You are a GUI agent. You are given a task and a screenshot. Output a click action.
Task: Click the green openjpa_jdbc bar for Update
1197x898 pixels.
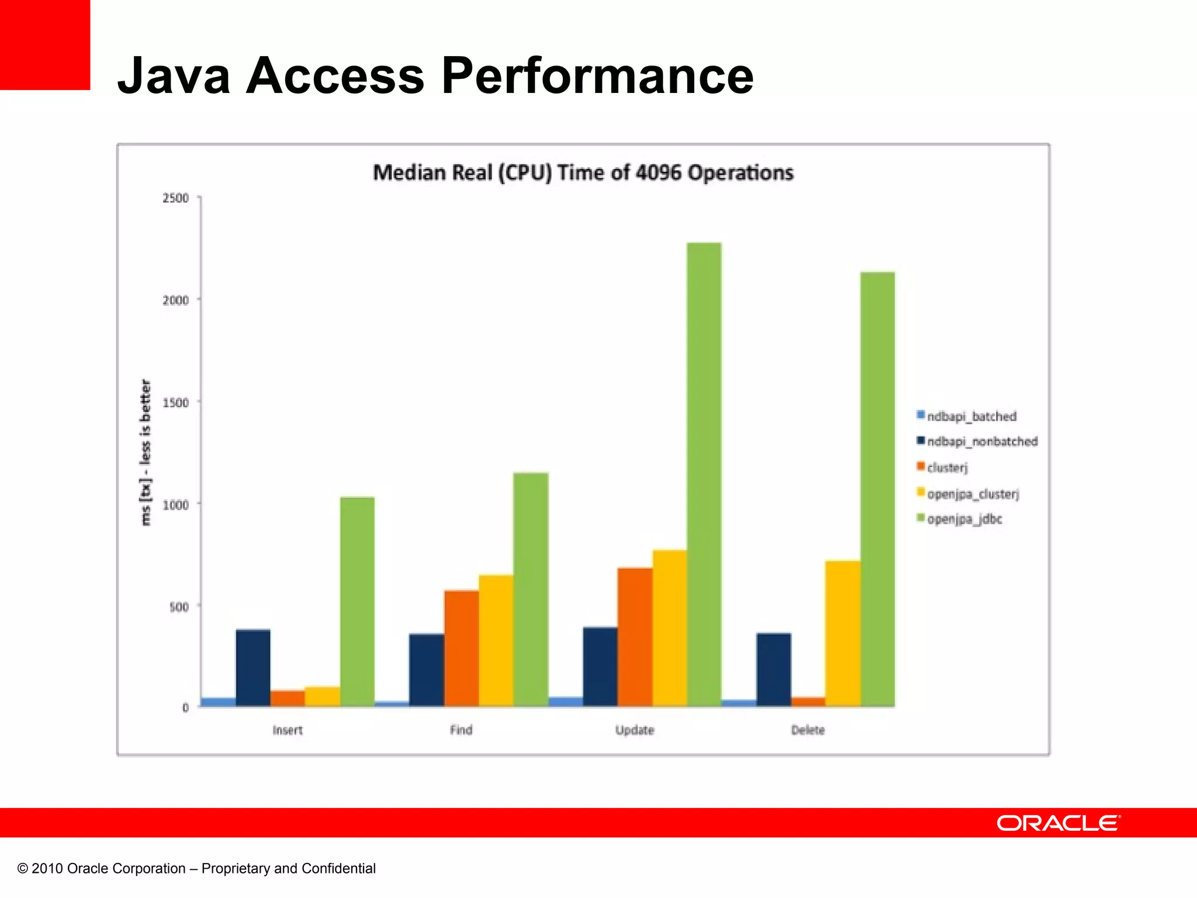click(704, 474)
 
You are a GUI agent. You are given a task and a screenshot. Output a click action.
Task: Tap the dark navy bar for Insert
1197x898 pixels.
click(253, 668)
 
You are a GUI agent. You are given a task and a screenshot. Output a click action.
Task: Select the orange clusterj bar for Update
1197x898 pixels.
click(635, 637)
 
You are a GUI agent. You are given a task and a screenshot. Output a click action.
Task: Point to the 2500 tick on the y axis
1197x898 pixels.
click(176, 198)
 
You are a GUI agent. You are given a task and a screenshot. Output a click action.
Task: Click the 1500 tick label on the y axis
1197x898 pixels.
click(176, 402)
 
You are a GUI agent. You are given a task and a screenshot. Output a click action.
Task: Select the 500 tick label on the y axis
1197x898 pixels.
click(179, 606)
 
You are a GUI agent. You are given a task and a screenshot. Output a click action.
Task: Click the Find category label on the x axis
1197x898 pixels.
click(461, 730)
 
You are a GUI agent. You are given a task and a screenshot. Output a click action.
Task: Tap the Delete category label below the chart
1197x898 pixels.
click(808, 730)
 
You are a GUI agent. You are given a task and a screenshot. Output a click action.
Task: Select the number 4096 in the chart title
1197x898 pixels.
click(658, 173)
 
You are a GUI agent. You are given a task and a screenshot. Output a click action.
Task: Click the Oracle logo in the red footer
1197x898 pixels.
click(1058, 823)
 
